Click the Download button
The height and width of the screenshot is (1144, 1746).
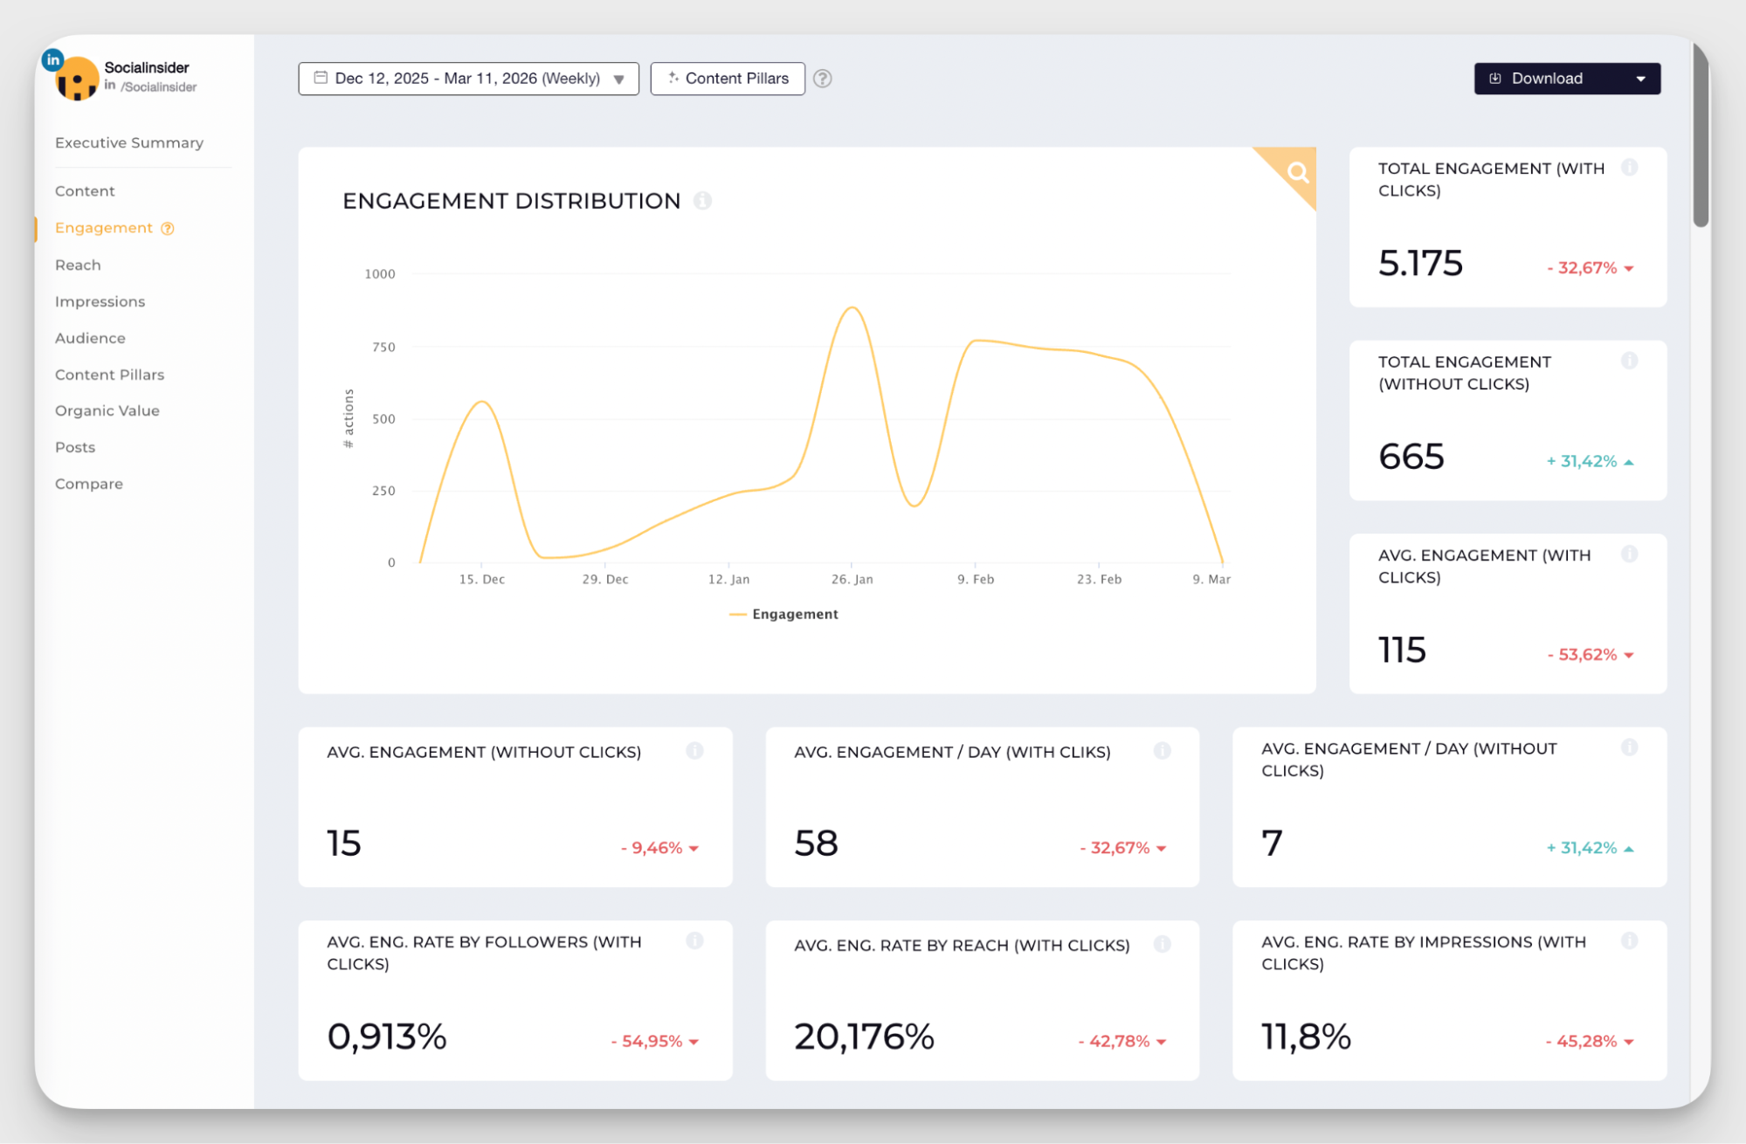[x=1546, y=79]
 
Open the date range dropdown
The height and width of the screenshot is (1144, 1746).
[x=468, y=79]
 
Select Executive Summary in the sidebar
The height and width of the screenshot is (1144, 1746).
[x=129, y=142]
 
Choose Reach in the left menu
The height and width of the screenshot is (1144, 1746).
[x=78, y=265]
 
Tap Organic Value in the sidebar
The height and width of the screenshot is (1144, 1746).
[x=107, y=410]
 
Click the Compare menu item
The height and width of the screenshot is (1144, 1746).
[x=88, y=484]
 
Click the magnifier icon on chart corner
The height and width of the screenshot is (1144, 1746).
[x=1297, y=172]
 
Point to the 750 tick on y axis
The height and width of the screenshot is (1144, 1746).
[x=383, y=347]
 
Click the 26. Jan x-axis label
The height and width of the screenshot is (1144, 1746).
[x=852, y=579]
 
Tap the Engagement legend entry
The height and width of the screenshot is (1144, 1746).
[x=785, y=614]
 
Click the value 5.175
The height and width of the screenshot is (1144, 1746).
[x=1420, y=263]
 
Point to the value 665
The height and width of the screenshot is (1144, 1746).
[x=1411, y=457]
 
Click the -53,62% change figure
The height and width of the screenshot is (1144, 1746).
[x=1582, y=654]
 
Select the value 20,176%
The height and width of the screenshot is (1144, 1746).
[x=864, y=1037]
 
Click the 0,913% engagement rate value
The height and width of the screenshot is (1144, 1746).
[x=386, y=1037]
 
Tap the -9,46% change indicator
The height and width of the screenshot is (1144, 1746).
[x=652, y=848]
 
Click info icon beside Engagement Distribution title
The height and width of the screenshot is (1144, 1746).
[x=702, y=201]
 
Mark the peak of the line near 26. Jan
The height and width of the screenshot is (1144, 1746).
[x=852, y=307]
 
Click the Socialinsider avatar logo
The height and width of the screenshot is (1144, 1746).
[x=76, y=79]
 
